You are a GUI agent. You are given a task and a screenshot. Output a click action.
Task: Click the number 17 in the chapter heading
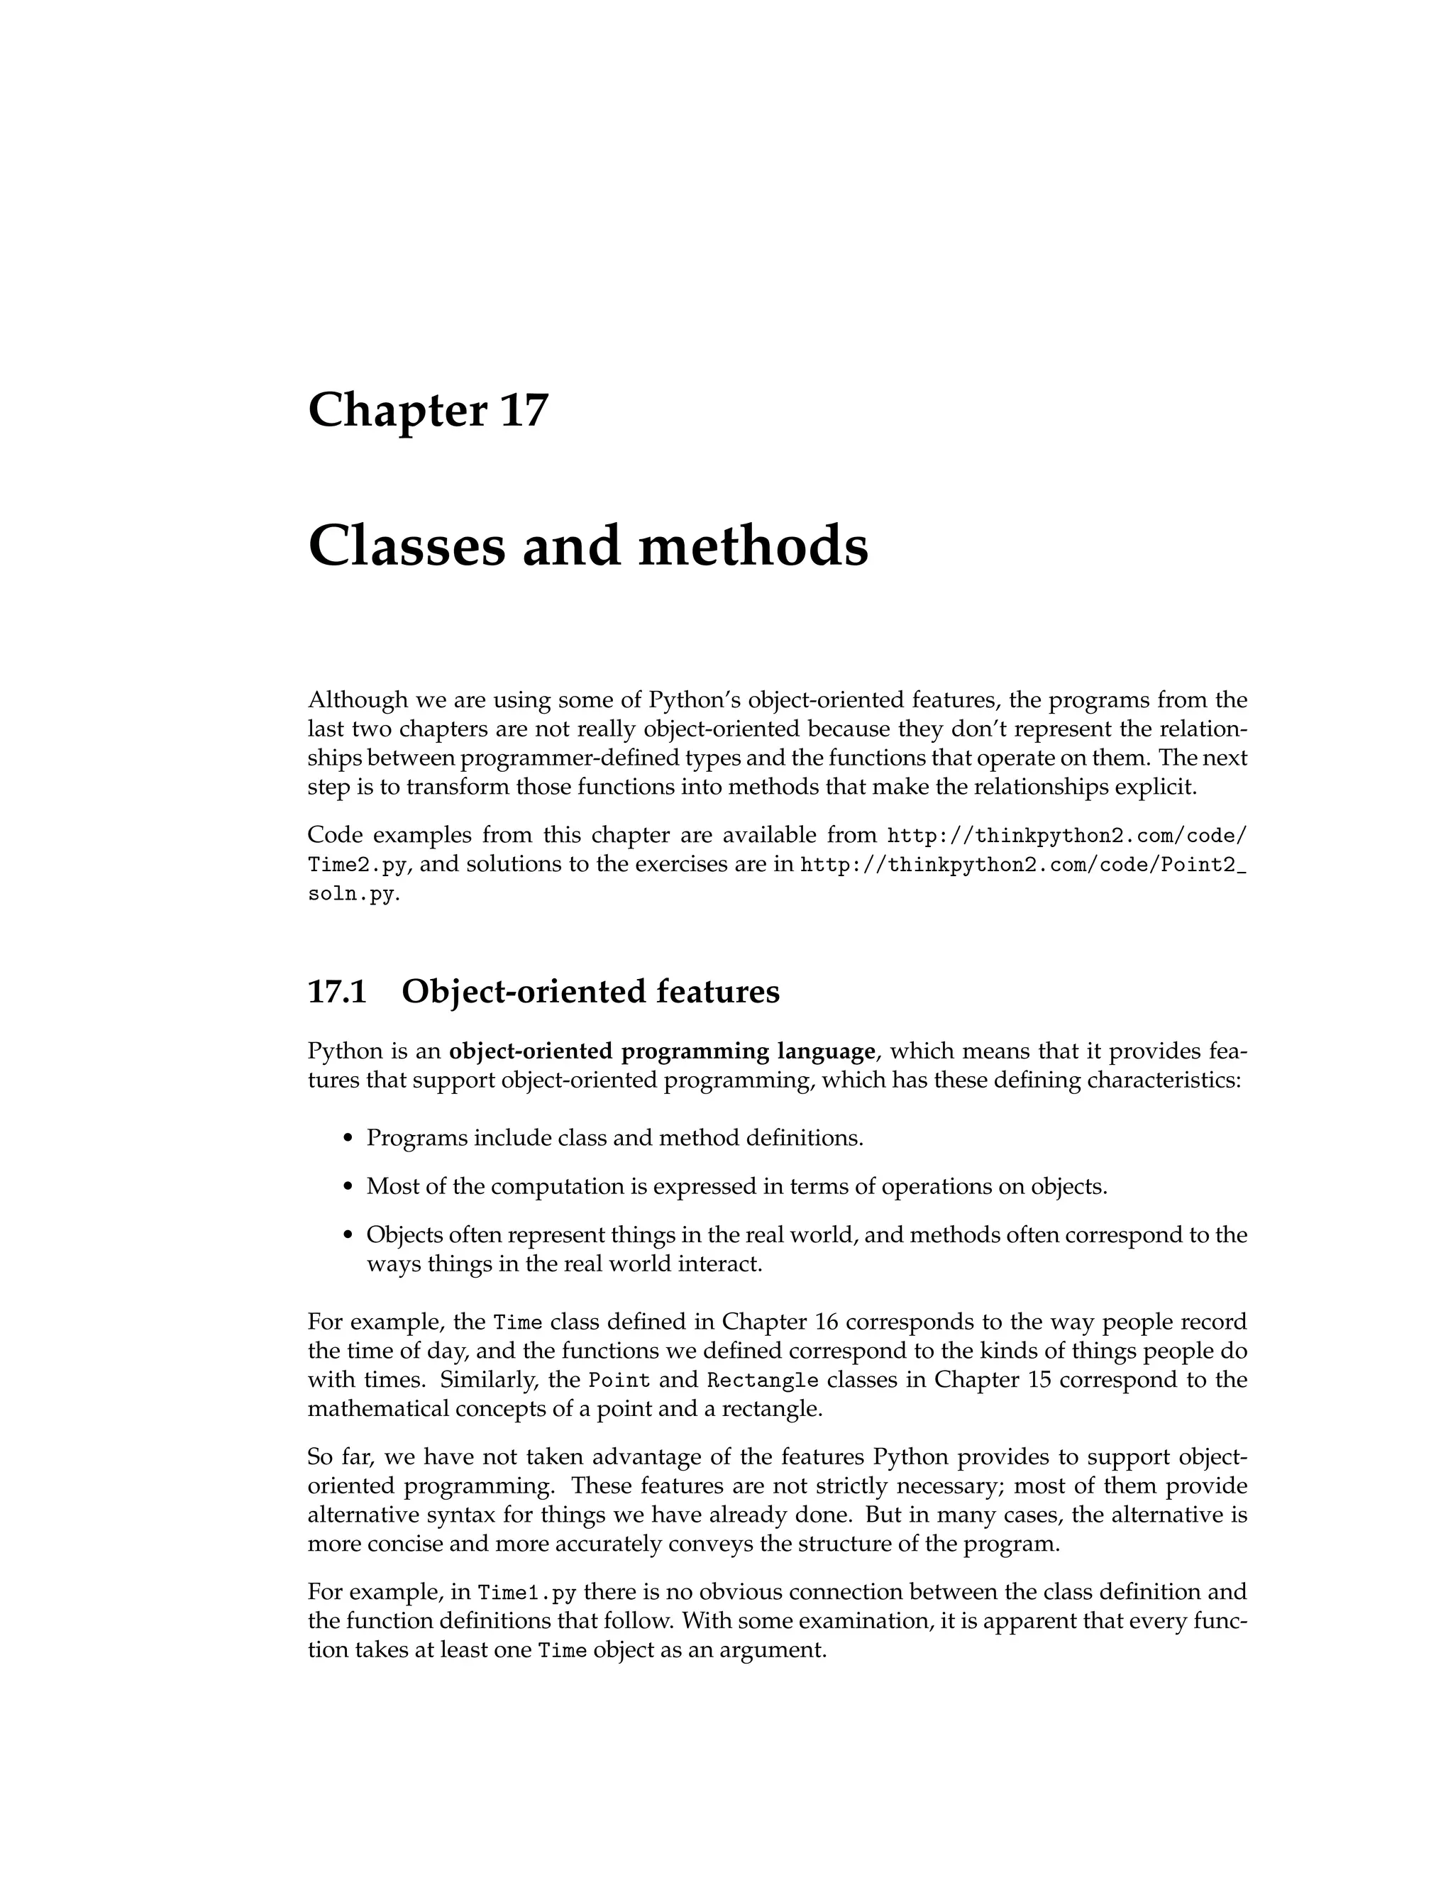[x=522, y=410]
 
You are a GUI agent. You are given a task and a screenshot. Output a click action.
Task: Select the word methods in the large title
[x=753, y=546]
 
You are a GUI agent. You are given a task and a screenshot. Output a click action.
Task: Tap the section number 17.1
[x=338, y=992]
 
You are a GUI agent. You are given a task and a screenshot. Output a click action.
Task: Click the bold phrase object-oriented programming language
[x=662, y=1051]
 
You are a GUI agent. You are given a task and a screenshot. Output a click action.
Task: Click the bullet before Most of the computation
[x=348, y=1187]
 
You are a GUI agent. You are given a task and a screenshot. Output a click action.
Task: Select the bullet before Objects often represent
[x=348, y=1236]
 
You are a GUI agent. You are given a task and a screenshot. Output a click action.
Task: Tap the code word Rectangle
[x=763, y=1381]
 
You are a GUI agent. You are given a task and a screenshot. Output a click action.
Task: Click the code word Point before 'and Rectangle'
[x=619, y=1381]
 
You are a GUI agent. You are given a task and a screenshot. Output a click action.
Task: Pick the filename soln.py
[x=351, y=895]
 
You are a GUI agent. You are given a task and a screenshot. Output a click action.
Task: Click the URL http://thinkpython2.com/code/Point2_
[x=1024, y=865]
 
